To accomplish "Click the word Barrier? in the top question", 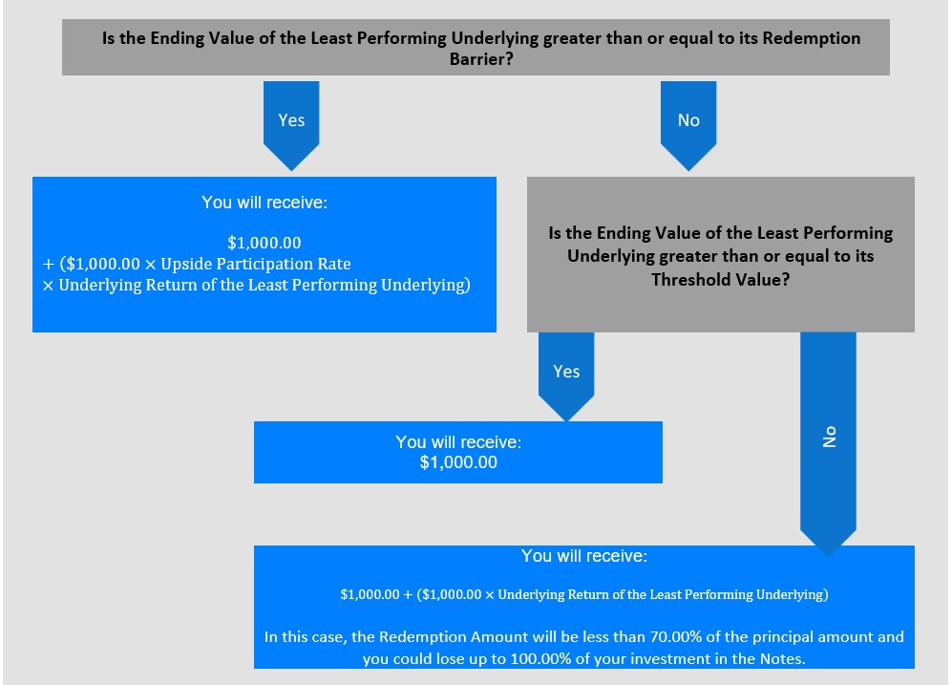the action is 481,59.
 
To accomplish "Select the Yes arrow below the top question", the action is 291,126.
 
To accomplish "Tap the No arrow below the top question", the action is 688,126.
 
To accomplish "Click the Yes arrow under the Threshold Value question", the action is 566,376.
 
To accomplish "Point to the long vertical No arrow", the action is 828,444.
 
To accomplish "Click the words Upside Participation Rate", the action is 256,265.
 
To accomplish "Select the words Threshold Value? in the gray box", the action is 721,279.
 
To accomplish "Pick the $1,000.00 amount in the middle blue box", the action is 458,462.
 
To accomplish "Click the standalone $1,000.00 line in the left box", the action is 264,243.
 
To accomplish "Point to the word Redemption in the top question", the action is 811,38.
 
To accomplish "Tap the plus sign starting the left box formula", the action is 49,265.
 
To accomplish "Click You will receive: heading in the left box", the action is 264,203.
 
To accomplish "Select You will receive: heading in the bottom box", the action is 584,556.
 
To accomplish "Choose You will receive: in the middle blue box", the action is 458,442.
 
